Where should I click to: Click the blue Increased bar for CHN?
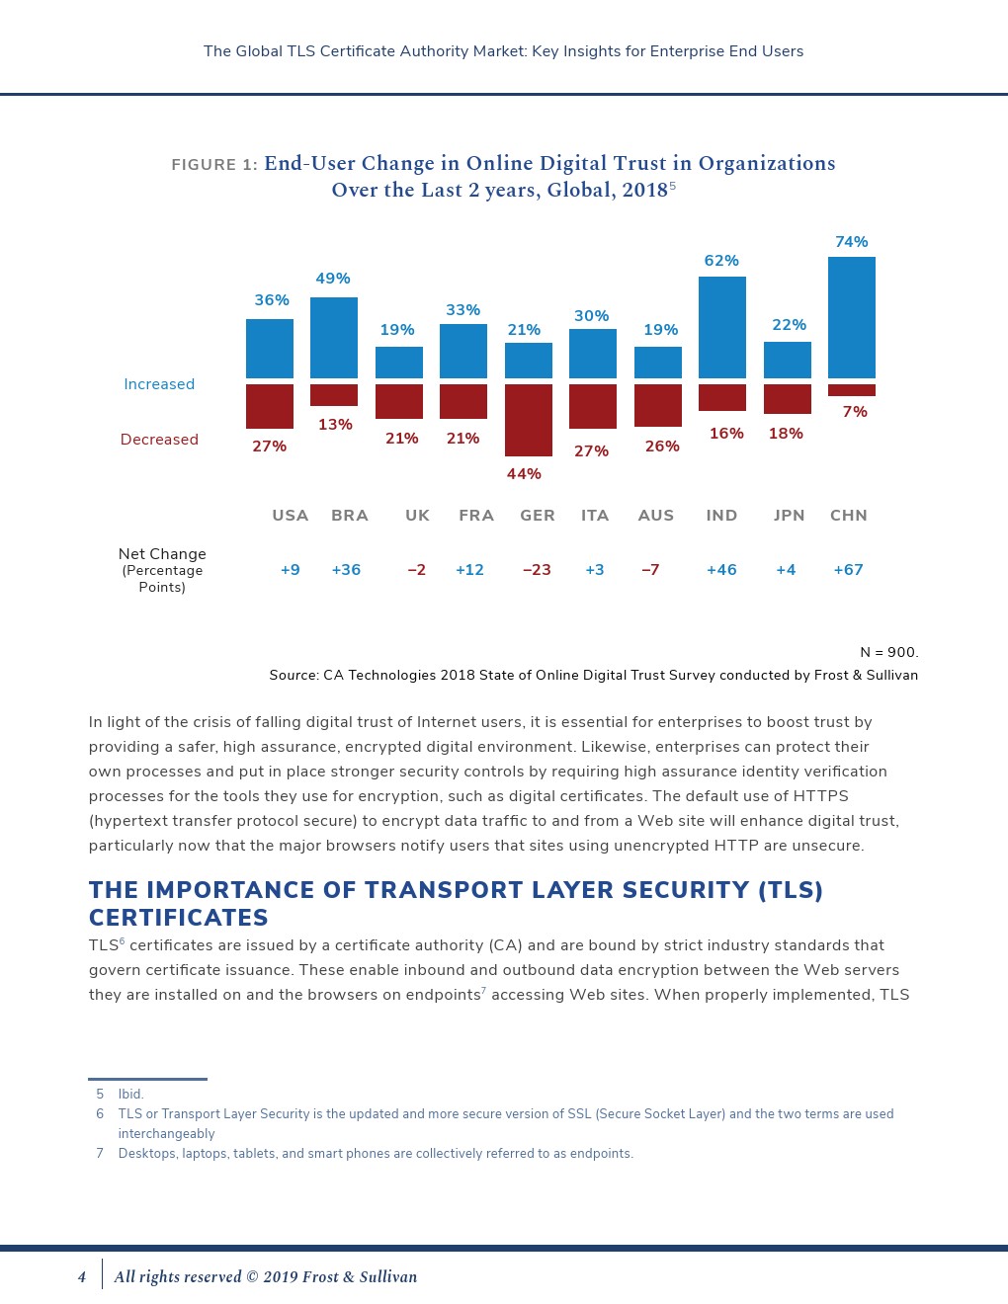[851, 317]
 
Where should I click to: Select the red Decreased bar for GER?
[529, 420]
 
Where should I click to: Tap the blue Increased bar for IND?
[722, 327]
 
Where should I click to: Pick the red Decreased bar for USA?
[270, 406]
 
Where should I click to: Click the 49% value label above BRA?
[333, 279]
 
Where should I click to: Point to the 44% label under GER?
[524, 474]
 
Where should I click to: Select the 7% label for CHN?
[855, 412]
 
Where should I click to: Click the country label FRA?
[476, 516]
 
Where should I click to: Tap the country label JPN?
[789, 516]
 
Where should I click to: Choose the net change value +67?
[848, 570]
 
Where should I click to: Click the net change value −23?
[537, 570]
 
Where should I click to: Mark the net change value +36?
[346, 570]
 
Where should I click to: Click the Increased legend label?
[159, 384]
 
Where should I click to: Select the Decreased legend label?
[159, 440]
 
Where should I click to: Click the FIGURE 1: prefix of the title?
[214, 165]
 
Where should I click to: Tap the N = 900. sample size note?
[888, 652]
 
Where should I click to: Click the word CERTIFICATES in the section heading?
[179, 918]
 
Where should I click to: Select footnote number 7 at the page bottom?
[100, 1154]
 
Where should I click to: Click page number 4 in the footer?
[82, 1277]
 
